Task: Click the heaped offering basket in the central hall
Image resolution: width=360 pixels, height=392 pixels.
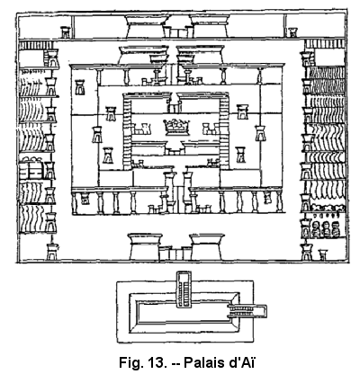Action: [x=176, y=126]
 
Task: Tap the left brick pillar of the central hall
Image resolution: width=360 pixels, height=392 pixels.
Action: [x=127, y=133]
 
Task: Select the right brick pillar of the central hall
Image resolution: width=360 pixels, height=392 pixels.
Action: [x=224, y=133]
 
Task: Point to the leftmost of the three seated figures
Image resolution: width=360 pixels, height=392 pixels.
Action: [x=315, y=229]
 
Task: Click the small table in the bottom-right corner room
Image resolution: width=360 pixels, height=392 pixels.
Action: [x=323, y=254]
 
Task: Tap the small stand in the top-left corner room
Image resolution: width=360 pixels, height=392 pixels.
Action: [x=66, y=32]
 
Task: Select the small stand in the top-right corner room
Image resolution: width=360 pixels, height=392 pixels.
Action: [x=292, y=32]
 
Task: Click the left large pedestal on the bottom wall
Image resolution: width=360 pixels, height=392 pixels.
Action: [x=145, y=246]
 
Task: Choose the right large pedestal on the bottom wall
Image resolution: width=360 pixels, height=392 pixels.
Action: [x=207, y=246]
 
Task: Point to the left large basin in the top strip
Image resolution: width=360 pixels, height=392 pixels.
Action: [x=147, y=26]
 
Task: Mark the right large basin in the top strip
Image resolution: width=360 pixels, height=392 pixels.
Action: [x=210, y=26]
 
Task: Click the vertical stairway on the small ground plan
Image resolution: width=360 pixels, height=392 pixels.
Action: [x=184, y=290]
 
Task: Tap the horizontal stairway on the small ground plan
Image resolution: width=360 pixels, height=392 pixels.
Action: [x=247, y=311]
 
